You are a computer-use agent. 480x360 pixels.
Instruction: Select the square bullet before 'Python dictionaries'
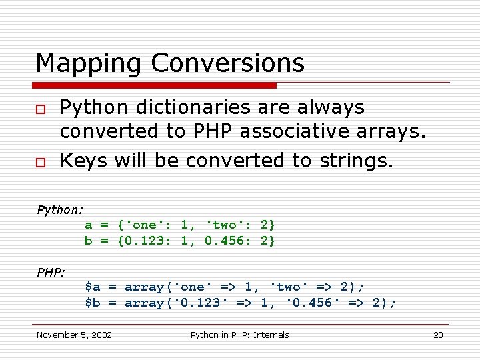point(41,108)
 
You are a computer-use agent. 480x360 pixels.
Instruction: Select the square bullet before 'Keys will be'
point(41,161)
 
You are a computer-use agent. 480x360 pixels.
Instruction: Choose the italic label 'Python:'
point(60,209)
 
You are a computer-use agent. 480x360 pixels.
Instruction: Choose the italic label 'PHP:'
point(51,272)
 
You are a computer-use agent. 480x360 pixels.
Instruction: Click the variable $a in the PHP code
point(93,287)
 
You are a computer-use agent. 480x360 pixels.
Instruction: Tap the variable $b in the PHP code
point(93,303)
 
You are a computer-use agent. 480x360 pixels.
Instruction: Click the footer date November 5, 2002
point(74,335)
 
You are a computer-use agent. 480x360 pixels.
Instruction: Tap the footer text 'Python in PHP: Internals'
point(239,335)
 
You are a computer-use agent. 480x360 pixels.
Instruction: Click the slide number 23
point(438,335)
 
